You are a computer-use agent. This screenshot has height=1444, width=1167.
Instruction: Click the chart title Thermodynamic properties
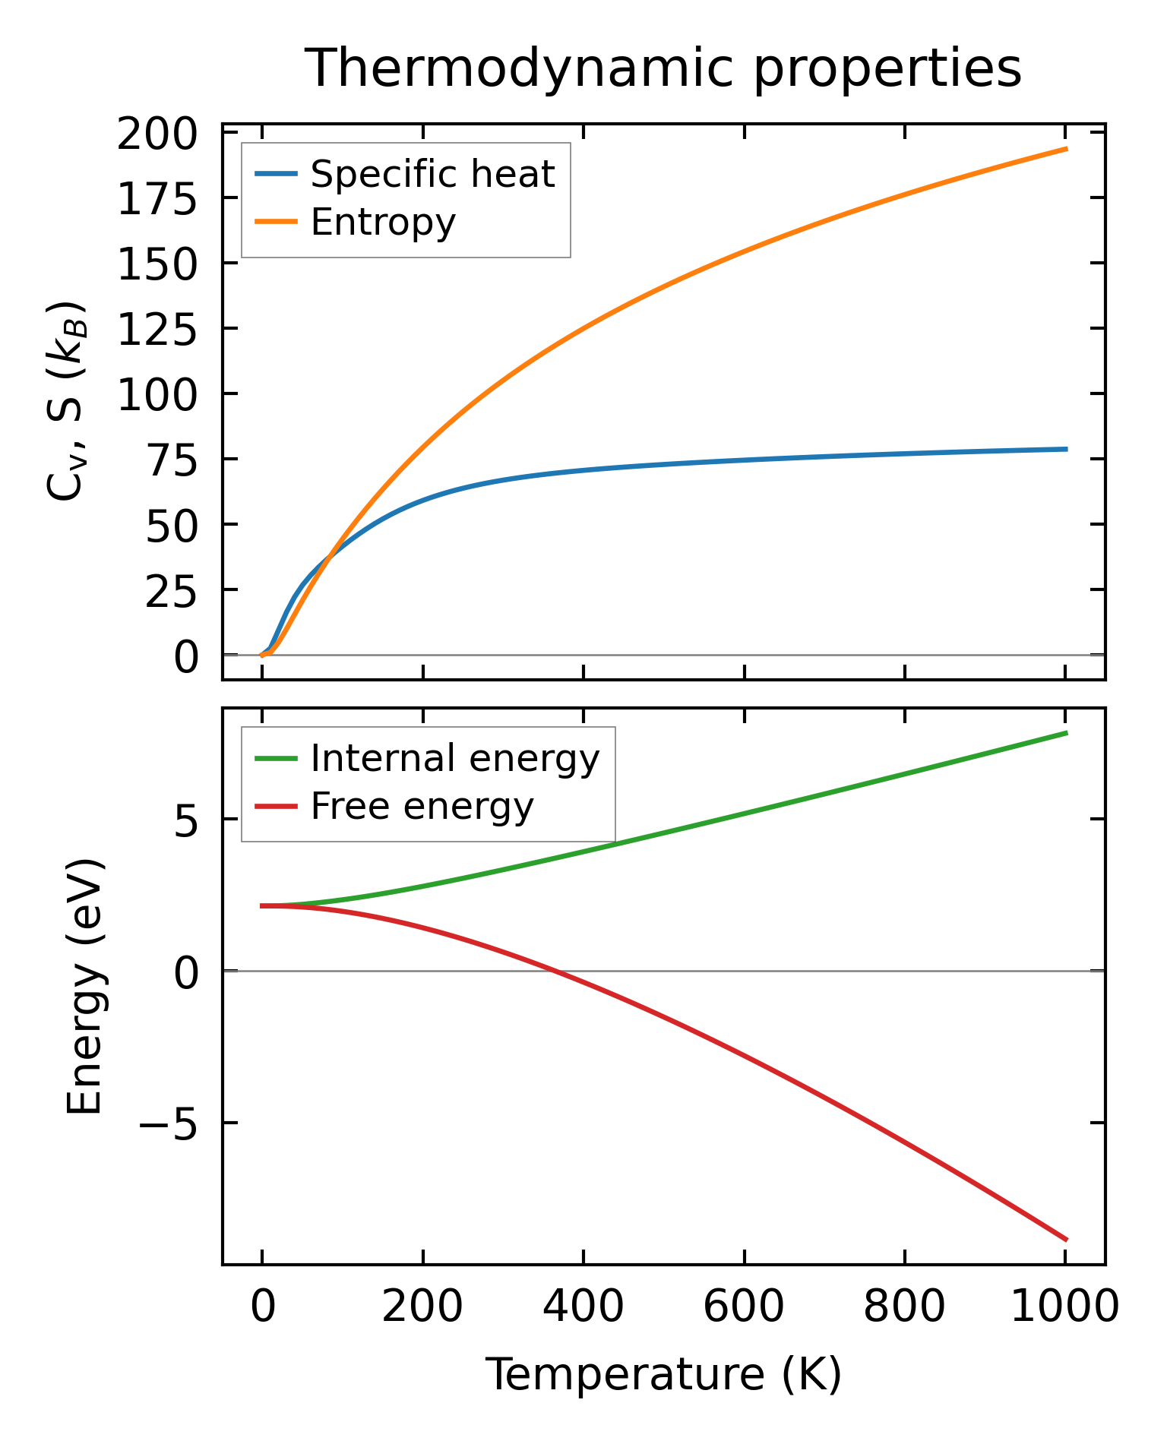663,69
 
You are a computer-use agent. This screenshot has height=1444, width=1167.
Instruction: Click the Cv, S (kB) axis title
67,402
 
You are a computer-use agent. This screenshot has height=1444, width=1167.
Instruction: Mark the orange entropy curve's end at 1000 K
1066,149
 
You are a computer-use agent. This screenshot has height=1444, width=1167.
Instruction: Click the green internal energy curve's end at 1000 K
1066,733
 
